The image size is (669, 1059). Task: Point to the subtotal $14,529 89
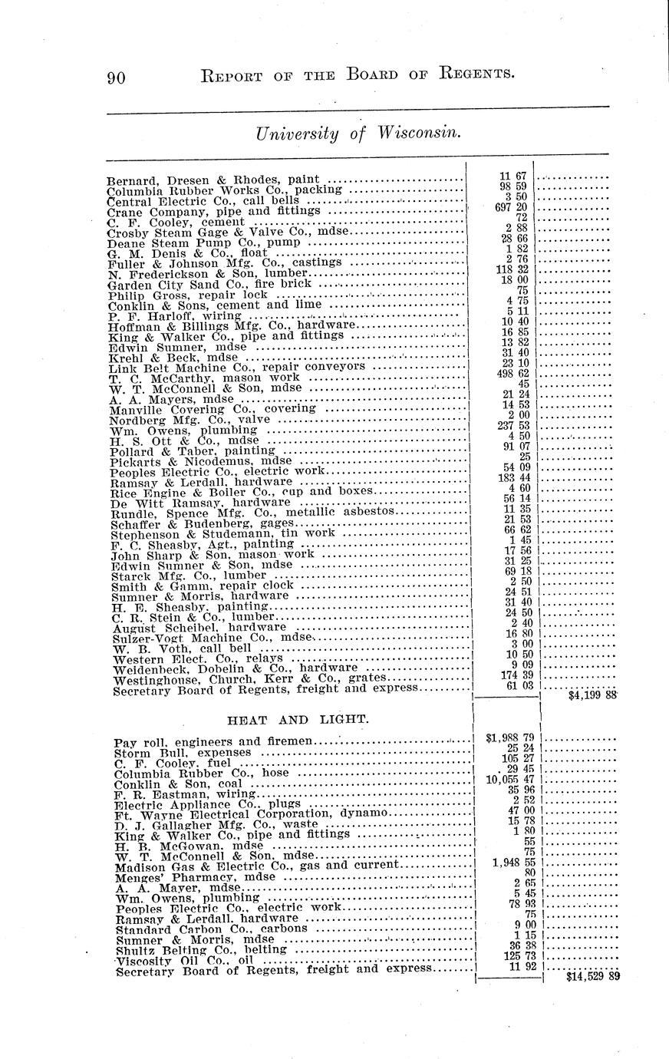[x=592, y=977]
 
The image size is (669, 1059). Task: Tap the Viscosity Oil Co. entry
[x=184, y=960]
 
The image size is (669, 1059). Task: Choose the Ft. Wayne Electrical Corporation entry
[x=249, y=813]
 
